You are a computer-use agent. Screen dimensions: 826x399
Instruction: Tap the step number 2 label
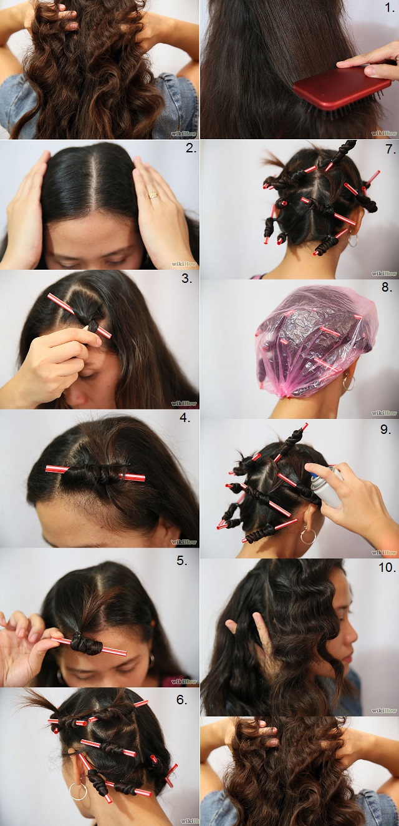pyautogui.click(x=191, y=149)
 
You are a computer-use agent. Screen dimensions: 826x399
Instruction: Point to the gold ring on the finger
pyautogui.click(x=153, y=194)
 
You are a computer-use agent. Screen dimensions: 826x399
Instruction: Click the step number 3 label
pyautogui.click(x=186, y=278)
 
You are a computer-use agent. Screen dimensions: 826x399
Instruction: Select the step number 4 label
pyautogui.click(x=185, y=417)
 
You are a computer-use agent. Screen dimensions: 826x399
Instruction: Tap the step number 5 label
pyautogui.click(x=181, y=560)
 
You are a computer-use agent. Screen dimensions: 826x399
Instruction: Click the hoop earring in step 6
pyautogui.click(x=78, y=792)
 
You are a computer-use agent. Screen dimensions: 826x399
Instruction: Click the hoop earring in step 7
pyautogui.click(x=353, y=240)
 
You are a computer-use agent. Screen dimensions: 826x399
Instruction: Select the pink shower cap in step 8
pyautogui.click(x=315, y=340)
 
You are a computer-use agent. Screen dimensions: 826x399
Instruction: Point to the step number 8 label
pyautogui.click(x=387, y=288)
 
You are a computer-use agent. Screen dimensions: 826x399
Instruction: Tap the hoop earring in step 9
pyautogui.click(x=307, y=536)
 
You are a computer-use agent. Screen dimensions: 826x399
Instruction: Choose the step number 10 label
pyautogui.click(x=387, y=568)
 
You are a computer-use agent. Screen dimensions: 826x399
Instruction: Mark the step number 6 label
pyautogui.click(x=181, y=700)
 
